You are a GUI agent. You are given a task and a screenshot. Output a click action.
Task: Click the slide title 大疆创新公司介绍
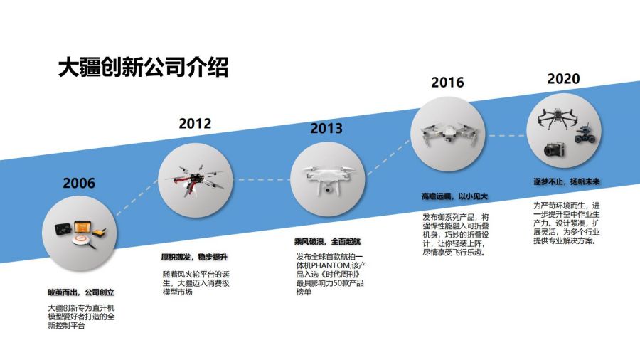143,68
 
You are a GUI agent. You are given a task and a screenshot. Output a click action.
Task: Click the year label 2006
79,183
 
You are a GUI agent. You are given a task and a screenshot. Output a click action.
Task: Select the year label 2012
195,123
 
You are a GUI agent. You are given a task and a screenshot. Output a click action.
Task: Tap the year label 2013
326,128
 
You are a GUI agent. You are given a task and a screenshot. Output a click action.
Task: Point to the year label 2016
447,82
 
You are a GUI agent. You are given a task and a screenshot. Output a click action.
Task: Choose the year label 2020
563,78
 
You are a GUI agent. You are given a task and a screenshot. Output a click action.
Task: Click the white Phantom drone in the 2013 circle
328,178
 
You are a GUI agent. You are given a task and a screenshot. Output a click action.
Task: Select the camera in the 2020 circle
554,149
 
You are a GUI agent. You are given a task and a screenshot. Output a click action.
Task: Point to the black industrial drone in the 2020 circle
557,118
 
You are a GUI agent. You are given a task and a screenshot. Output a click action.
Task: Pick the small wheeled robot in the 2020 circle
585,134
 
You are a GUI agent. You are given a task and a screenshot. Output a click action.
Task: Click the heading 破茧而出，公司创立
81,292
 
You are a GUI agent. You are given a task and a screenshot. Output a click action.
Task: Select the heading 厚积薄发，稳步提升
194,257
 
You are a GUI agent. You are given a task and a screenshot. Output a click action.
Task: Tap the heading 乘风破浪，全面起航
327,241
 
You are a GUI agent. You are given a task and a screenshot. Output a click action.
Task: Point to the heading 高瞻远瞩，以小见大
454,196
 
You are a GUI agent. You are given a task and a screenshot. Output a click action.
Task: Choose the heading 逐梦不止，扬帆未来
567,181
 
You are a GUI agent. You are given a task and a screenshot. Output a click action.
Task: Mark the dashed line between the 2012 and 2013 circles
261,179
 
